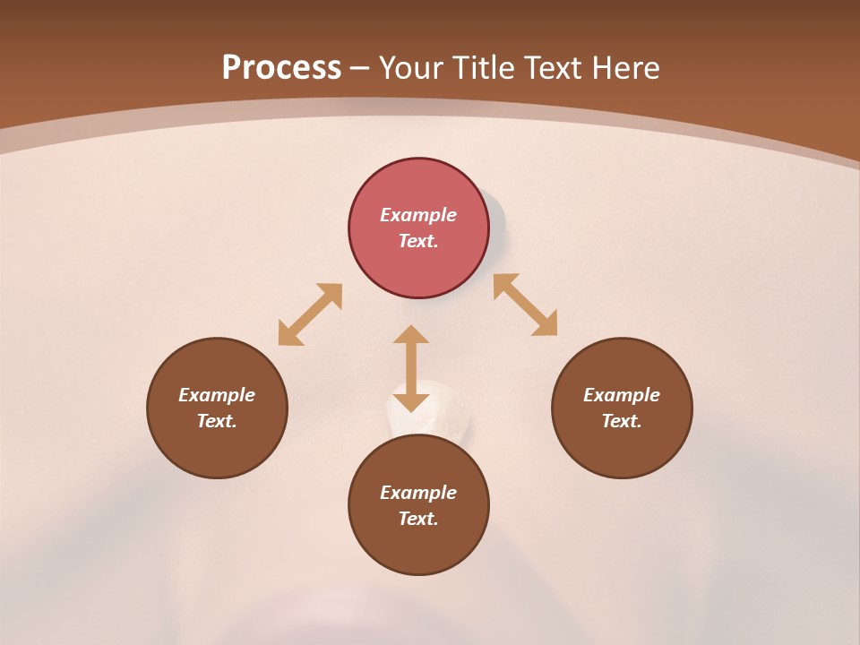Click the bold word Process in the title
[x=281, y=68]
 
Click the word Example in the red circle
[x=418, y=215]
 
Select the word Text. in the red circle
[x=418, y=241]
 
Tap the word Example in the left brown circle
[x=217, y=395]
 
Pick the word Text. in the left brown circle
[x=217, y=421]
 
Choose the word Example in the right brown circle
[x=622, y=395]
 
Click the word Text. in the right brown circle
[x=622, y=421]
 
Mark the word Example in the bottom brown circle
[x=418, y=493]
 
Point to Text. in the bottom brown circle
[x=418, y=519]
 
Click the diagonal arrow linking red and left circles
[x=310, y=314]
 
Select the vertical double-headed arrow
[x=411, y=368]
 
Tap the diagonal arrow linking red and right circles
[x=526, y=305]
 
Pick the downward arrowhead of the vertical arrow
[x=411, y=401]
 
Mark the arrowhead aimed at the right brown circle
[x=546, y=325]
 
